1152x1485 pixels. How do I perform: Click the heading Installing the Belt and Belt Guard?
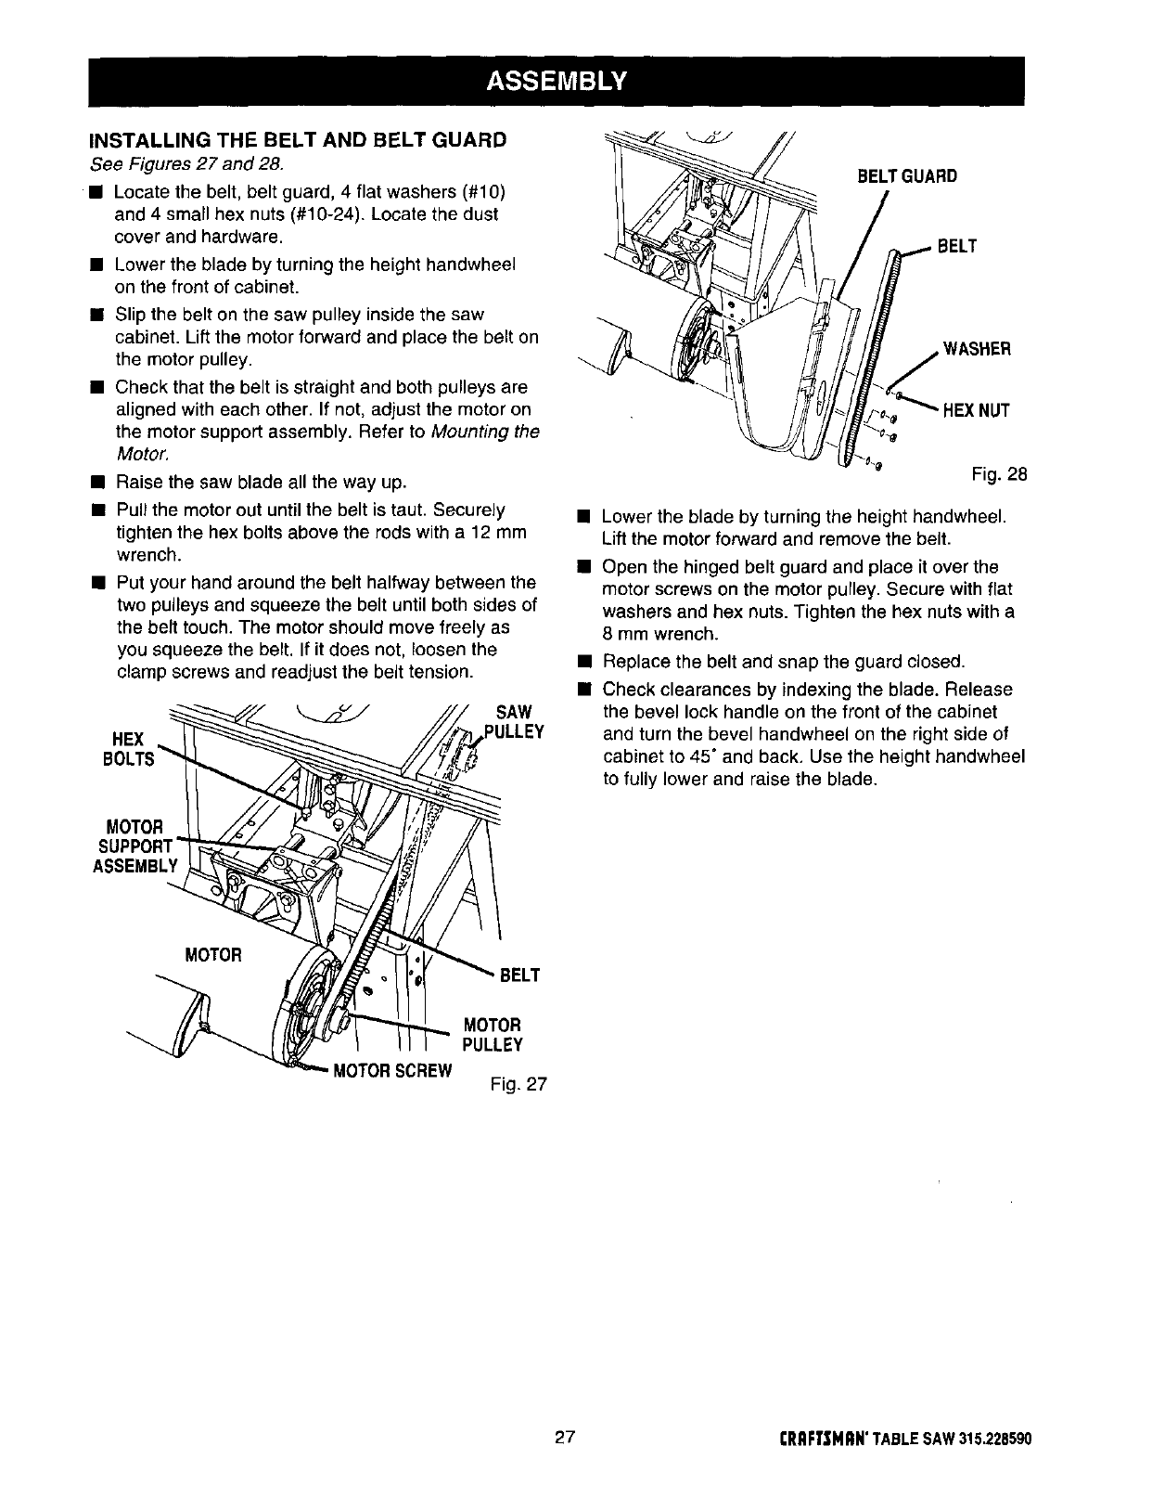(x=297, y=140)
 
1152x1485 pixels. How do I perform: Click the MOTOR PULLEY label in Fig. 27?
(x=493, y=1035)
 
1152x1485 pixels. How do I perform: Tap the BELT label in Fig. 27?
(x=520, y=975)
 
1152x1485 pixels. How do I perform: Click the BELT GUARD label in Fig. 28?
(x=905, y=176)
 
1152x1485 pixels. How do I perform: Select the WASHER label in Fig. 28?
(x=976, y=349)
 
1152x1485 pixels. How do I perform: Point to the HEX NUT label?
(x=976, y=410)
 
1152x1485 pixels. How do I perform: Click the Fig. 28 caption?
(x=999, y=476)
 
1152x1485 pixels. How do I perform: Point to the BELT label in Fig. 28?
(x=958, y=247)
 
